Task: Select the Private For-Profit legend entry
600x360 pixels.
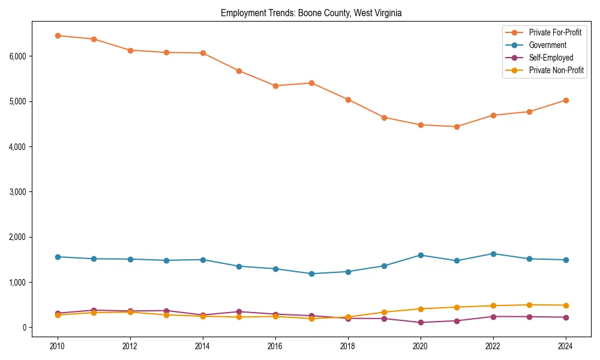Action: (555, 32)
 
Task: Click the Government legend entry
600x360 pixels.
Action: (547, 45)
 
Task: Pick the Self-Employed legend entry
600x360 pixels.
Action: (551, 58)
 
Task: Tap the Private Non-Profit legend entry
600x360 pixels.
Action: (556, 70)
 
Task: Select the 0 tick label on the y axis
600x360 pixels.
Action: (24, 328)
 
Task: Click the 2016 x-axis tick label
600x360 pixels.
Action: (275, 346)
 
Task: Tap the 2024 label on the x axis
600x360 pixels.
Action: (565, 346)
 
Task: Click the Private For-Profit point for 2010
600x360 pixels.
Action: (58, 35)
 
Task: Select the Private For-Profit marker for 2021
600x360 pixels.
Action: (457, 127)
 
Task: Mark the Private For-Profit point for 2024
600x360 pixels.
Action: (565, 100)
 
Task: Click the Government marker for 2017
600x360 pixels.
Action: (311, 274)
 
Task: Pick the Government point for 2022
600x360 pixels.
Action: (493, 254)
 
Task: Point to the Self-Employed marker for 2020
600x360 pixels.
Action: (421, 322)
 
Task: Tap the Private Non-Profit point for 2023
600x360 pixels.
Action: (529, 305)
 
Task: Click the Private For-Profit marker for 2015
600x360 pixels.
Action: (239, 71)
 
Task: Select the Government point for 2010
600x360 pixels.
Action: (58, 257)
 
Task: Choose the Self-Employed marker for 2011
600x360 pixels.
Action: (94, 310)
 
